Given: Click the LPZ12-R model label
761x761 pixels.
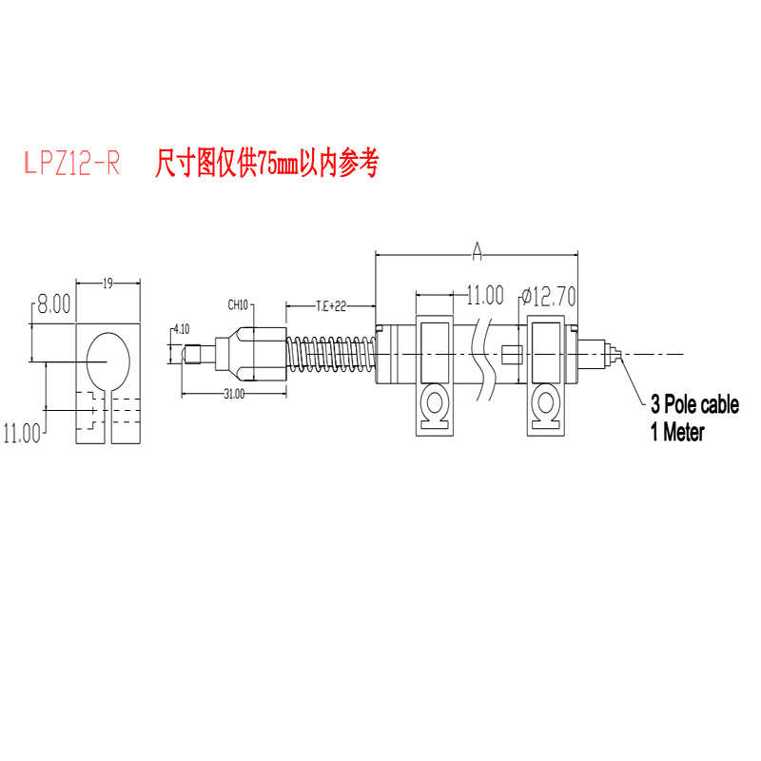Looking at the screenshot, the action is point(71,165).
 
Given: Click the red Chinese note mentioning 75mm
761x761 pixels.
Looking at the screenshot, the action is point(266,164).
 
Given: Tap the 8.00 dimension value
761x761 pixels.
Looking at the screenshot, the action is point(53,304).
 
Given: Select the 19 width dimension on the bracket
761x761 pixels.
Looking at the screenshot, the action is point(107,283).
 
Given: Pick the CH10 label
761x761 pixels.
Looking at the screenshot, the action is point(238,305).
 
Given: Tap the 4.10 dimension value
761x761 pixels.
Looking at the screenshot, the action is point(180,330).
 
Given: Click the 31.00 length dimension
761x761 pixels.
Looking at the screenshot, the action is point(234,392).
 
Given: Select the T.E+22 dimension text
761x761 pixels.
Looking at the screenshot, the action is point(331,305).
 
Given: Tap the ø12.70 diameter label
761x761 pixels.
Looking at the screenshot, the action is point(549,297).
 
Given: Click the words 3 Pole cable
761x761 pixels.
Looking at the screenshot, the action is point(694,405).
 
